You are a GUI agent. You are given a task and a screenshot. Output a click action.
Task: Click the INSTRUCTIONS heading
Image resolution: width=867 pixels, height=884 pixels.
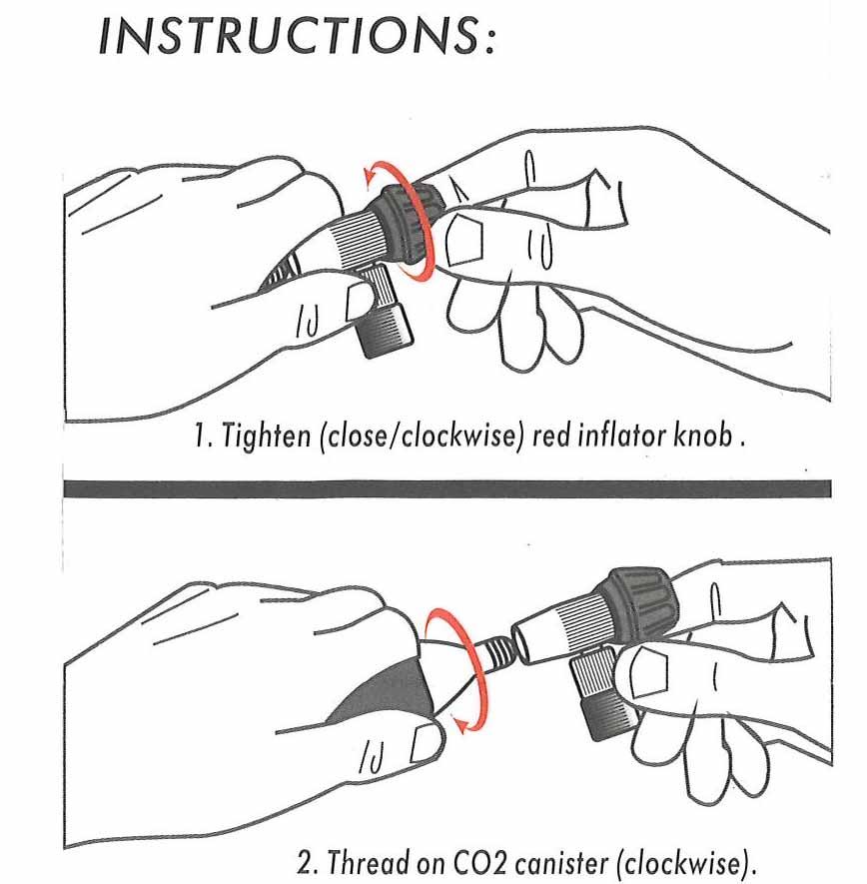297,35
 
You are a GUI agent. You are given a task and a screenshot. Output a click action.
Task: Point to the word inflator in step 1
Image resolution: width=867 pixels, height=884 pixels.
621,435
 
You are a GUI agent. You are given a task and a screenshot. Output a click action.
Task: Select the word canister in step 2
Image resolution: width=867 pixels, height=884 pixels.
559,864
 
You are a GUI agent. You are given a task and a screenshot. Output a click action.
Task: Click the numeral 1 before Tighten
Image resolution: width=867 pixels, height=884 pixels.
200,436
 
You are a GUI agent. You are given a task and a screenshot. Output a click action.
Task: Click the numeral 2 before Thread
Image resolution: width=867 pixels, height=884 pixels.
305,864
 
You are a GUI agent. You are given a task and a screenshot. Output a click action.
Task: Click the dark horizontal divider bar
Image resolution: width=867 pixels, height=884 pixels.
447,488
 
